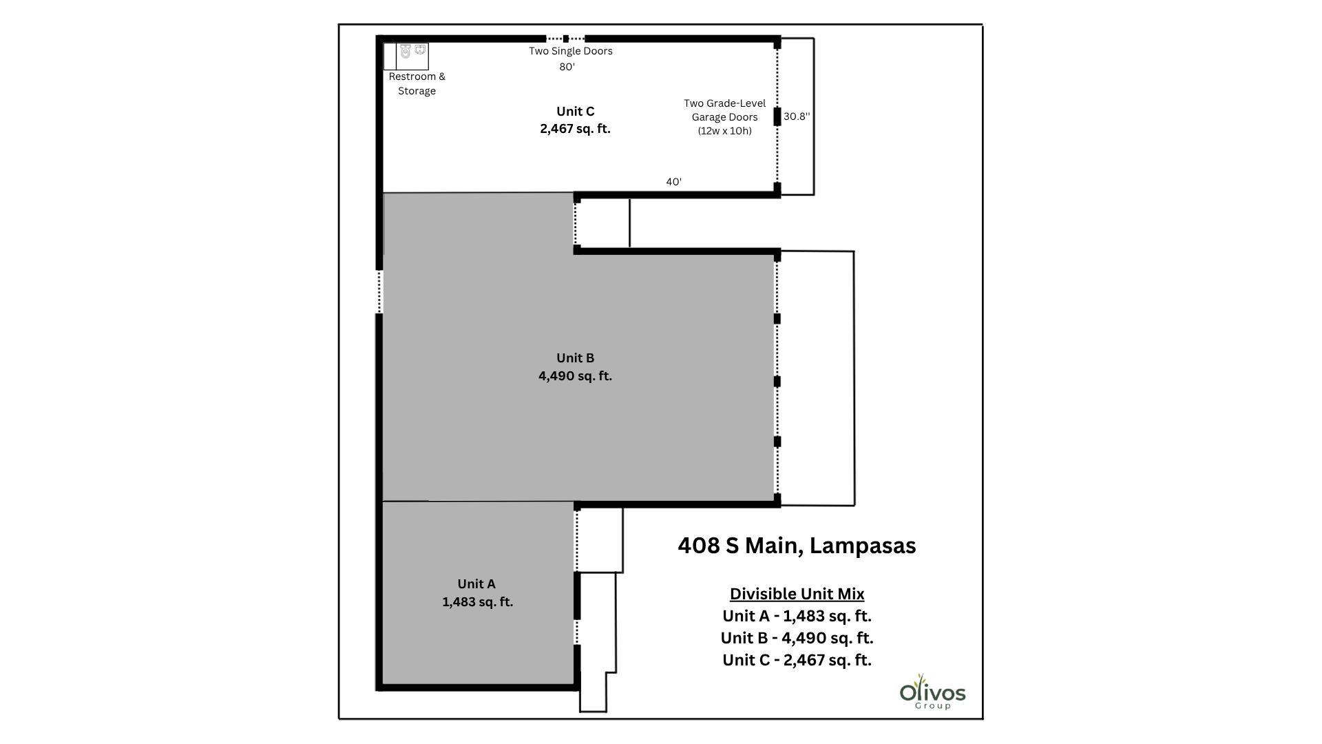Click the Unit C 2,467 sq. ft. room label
coord(575,120)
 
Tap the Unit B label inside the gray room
coord(575,366)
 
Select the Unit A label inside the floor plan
coord(476,592)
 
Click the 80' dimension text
coord(567,67)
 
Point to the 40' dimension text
coord(673,182)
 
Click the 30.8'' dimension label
coord(797,116)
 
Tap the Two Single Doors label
coord(570,51)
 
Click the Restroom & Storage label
coord(417,83)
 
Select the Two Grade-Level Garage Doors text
coord(724,116)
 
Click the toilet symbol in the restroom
coord(406,52)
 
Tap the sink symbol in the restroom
coord(420,50)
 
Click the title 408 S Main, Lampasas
coord(797,546)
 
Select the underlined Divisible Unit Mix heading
coord(797,594)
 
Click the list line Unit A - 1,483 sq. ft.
coord(797,616)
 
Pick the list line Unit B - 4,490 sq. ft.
coord(797,638)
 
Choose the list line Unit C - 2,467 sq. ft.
coord(797,660)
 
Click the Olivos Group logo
coord(932,692)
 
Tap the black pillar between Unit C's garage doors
coord(777,116)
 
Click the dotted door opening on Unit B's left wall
coord(379,291)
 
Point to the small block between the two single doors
coord(566,39)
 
